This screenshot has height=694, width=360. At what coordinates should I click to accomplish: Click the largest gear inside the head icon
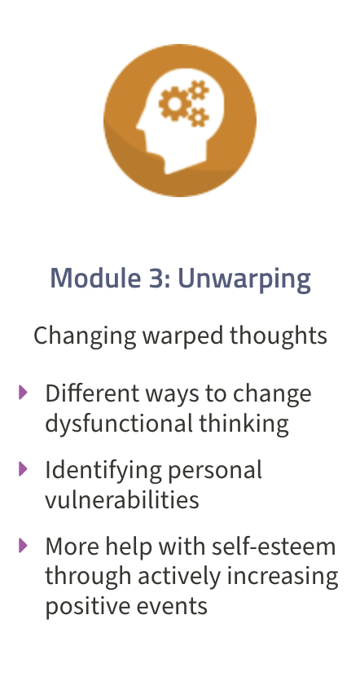point(175,103)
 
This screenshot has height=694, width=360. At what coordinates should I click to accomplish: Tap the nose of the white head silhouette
point(139,126)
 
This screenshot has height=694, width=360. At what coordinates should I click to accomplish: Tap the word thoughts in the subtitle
point(279,336)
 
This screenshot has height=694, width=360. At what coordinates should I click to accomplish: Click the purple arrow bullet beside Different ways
point(23,392)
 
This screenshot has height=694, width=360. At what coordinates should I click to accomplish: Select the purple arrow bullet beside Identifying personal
point(23,468)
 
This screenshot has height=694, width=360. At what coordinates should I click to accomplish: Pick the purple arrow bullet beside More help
point(23,545)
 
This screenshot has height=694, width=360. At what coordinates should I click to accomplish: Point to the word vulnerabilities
point(122,499)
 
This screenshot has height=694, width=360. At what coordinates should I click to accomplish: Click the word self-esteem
point(274,547)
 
